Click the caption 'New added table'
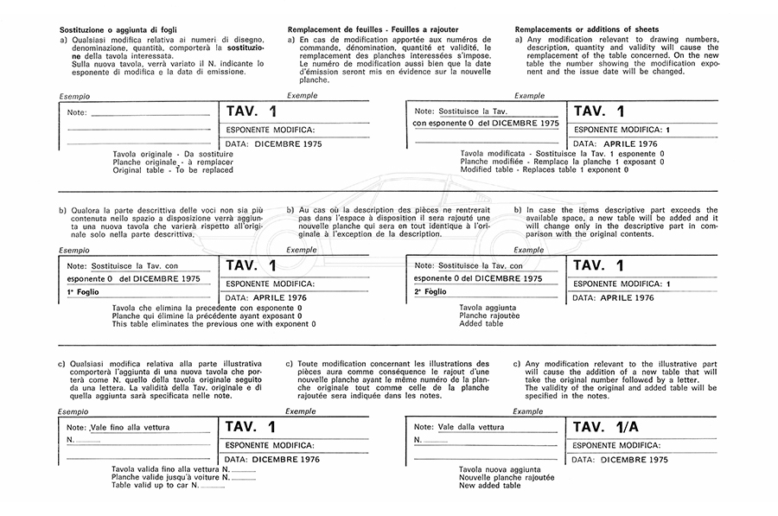pos(490,486)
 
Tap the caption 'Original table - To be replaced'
pos(173,170)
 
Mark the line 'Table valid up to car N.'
pos(156,485)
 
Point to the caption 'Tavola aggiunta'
pos(488,307)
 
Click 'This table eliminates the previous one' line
pos(214,324)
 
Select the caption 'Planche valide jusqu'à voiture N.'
pos(171,476)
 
